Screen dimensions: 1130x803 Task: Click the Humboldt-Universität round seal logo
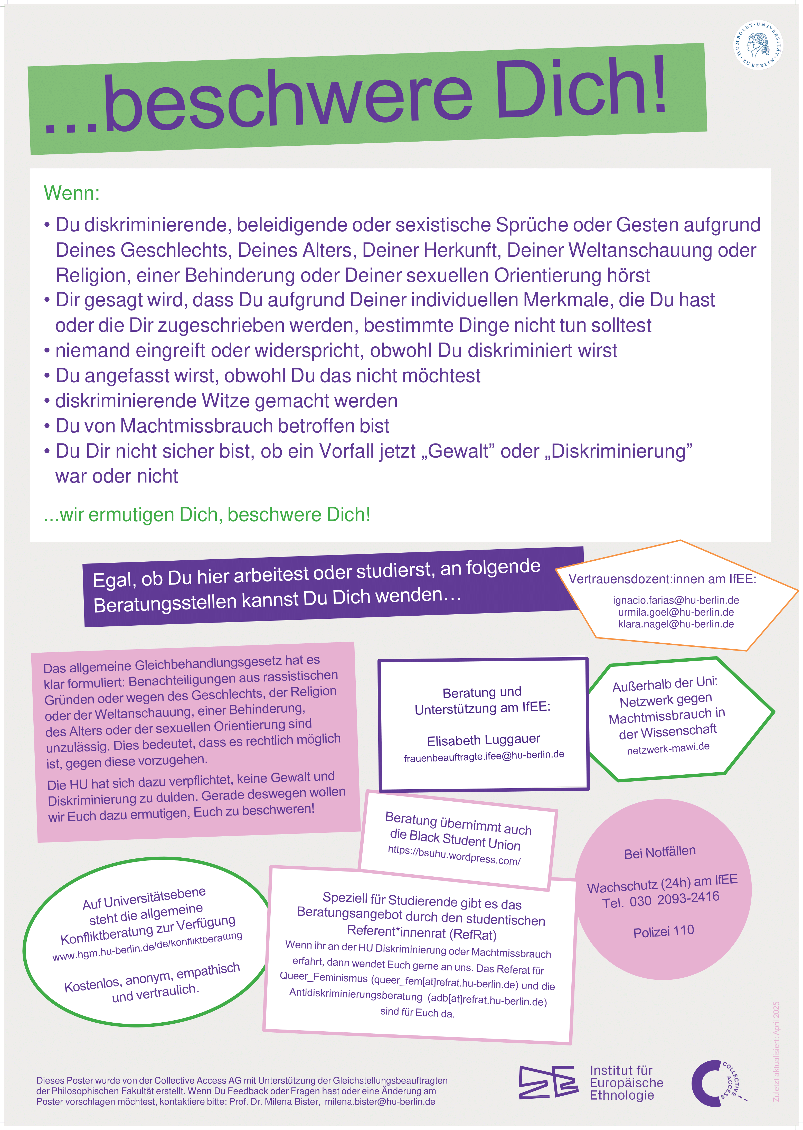point(758,45)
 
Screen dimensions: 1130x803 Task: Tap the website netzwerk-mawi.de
point(668,748)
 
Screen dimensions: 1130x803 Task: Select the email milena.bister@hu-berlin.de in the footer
point(380,1102)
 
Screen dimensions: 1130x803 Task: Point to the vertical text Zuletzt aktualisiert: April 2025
point(776,1051)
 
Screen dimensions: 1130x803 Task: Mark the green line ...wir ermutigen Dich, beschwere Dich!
point(207,515)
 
